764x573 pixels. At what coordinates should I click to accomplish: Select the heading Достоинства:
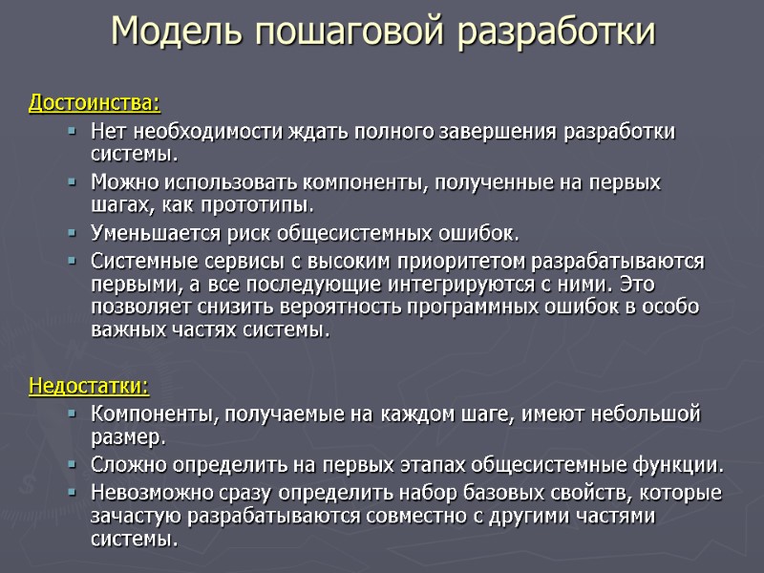click(x=95, y=101)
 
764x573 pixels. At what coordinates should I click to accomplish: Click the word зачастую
click(x=133, y=517)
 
